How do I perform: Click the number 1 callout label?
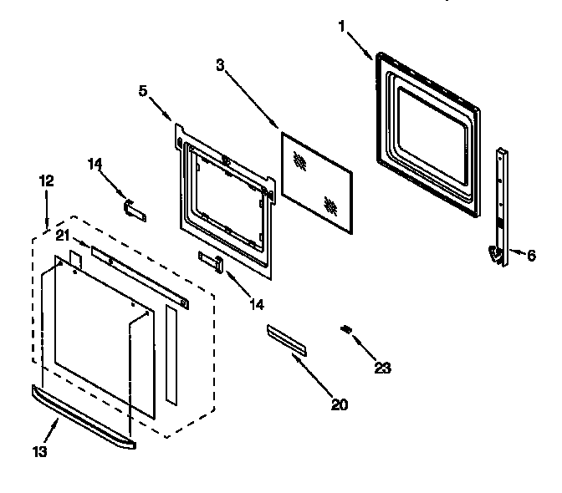coord(341,25)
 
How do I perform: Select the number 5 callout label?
coord(143,91)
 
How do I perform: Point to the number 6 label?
coord(532,256)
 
